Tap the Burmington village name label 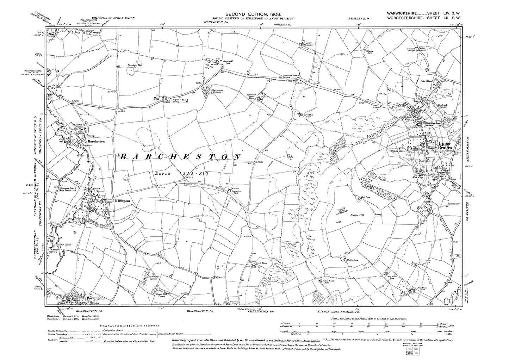tap(96, 298)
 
